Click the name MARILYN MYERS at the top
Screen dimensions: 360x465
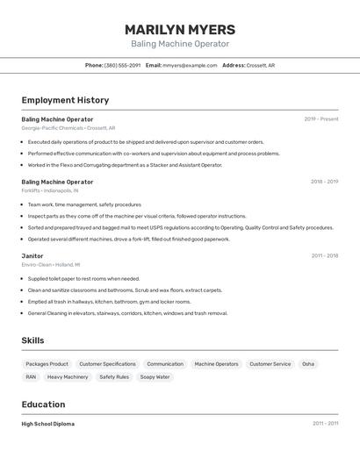(179, 29)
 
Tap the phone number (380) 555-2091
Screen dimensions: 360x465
(122, 65)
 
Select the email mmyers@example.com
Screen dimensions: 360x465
(190, 65)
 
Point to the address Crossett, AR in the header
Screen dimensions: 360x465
(260, 65)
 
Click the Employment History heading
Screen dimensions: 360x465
(65, 100)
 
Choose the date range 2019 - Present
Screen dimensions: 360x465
(320, 119)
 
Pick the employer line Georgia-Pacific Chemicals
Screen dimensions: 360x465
(68, 128)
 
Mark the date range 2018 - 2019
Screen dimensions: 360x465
(324, 182)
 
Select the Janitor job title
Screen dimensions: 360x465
(32, 256)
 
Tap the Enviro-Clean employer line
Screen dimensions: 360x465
(50, 264)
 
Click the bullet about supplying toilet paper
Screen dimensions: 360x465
(83, 279)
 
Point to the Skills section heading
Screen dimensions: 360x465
(32, 340)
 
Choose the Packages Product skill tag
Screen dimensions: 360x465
(47, 364)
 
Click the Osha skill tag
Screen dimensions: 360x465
(307, 364)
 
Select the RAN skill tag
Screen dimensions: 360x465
(31, 377)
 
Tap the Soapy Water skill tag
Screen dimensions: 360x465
(155, 377)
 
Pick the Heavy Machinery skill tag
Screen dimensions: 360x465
(68, 377)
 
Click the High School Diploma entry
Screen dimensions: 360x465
(48, 424)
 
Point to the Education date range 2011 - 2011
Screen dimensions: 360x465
(325, 424)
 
